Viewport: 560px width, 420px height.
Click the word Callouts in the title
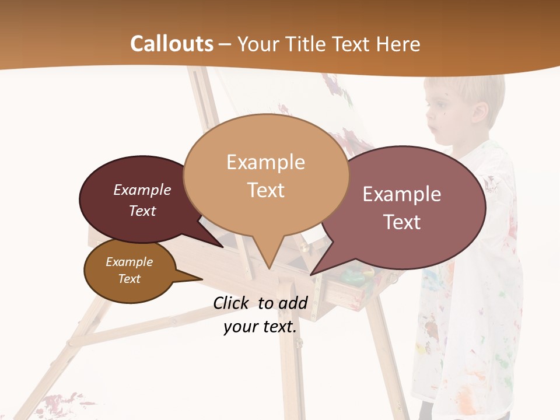(x=171, y=44)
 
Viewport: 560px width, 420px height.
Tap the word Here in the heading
(x=396, y=44)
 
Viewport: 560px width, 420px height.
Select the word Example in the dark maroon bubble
(x=142, y=190)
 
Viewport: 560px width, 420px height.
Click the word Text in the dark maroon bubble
(x=142, y=211)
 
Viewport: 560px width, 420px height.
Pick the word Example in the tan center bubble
(x=265, y=162)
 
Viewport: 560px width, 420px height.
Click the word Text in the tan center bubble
(x=265, y=190)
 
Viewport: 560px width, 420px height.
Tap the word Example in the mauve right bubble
(x=401, y=194)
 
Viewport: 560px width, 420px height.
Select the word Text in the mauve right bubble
(x=401, y=222)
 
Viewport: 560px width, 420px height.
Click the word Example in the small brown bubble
(x=129, y=262)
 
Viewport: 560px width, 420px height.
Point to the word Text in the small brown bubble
(x=129, y=279)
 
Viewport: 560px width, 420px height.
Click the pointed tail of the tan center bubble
(x=269, y=262)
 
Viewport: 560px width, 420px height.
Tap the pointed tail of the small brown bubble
(x=195, y=278)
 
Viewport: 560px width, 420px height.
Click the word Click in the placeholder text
(x=233, y=303)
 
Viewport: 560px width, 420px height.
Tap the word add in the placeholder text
(x=293, y=303)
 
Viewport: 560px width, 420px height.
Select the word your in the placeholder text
(x=242, y=327)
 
